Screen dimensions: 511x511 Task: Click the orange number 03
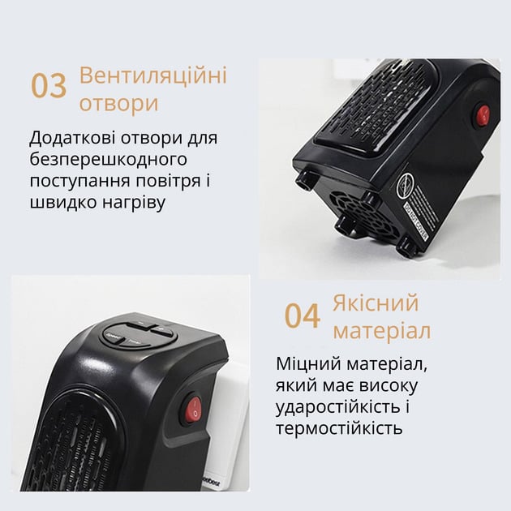coord(49,86)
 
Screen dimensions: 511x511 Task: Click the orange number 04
coord(302,316)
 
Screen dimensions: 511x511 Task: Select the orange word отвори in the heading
coord(118,105)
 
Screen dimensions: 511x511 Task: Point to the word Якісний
coord(376,303)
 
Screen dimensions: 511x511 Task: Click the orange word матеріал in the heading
coord(381,332)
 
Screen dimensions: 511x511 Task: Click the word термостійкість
coord(339,427)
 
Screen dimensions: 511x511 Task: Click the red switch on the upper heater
coord(483,115)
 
